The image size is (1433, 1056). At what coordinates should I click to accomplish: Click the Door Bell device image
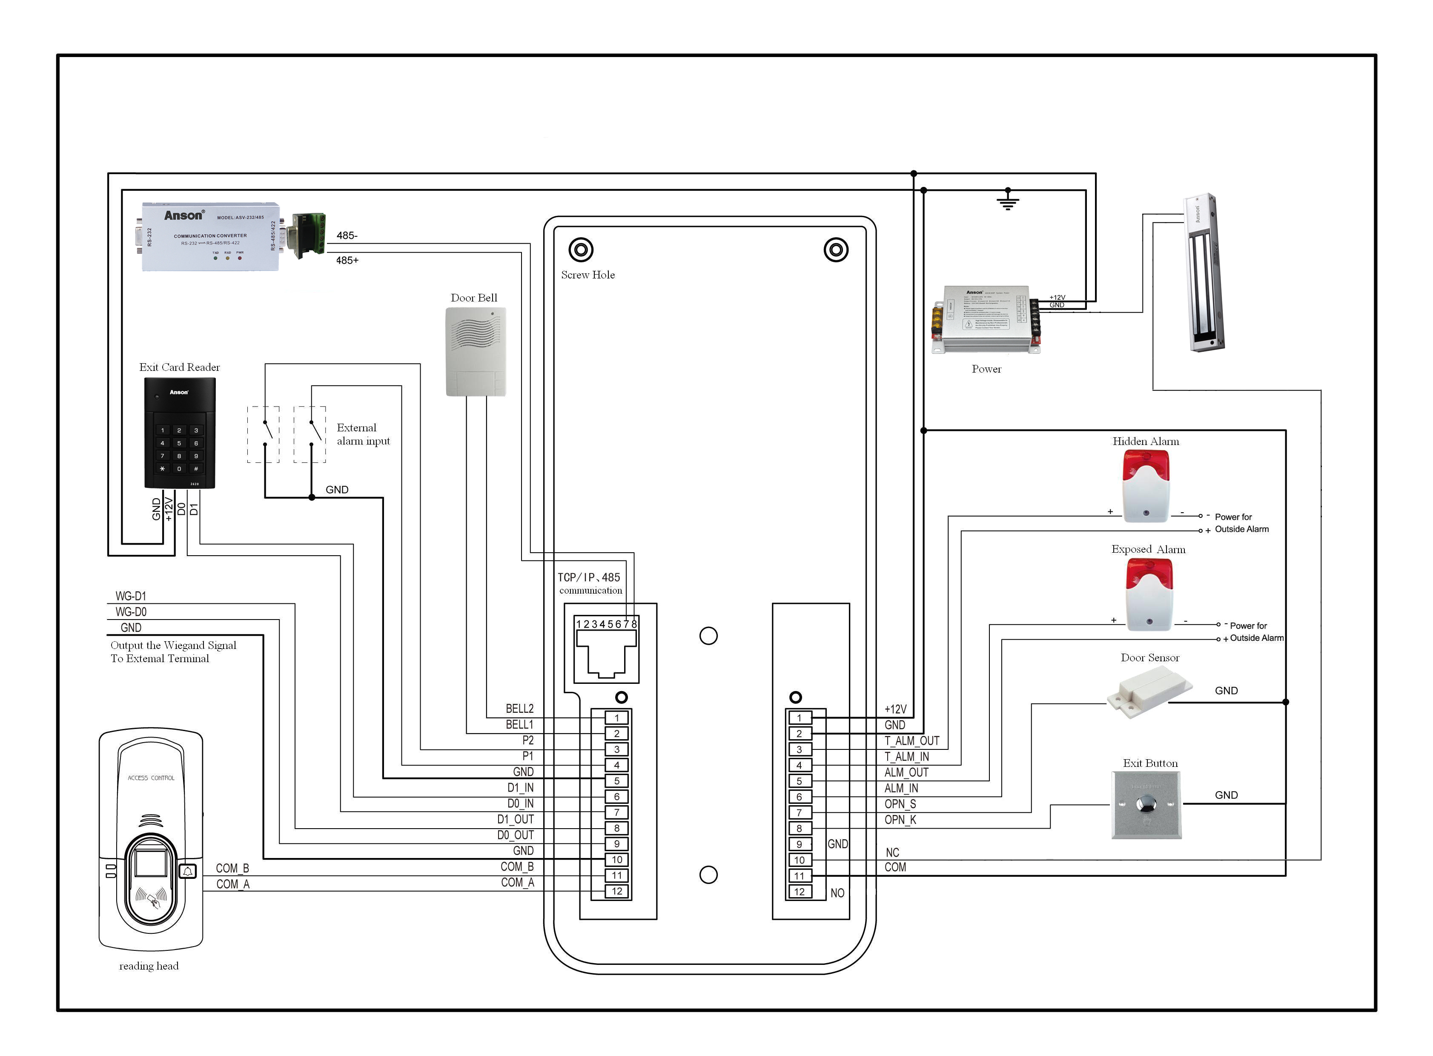click(x=476, y=352)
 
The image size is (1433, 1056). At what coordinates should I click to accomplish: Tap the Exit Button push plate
click(x=1146, y=804)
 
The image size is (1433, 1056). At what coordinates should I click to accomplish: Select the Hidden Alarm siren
click(x=1146, y=486)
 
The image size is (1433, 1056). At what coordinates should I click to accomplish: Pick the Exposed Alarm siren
click(x=1149, y=594)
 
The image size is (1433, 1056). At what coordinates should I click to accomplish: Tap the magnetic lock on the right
click(x=1205, y=273)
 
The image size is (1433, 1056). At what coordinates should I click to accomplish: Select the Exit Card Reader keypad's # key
click(x=196, y=468)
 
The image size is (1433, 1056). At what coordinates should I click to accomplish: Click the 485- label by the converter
click(x=347, y=235)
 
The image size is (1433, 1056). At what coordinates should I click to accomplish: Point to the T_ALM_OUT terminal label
click(x=911, y=741)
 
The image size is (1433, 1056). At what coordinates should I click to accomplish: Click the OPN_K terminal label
click(x=900, y=820)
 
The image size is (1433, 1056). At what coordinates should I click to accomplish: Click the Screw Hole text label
click(x=588, y=275)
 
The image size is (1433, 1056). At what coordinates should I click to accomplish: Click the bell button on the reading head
click(x=188, y=871)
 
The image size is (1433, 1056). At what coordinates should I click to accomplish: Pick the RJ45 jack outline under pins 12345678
click(x=606, y=655)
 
